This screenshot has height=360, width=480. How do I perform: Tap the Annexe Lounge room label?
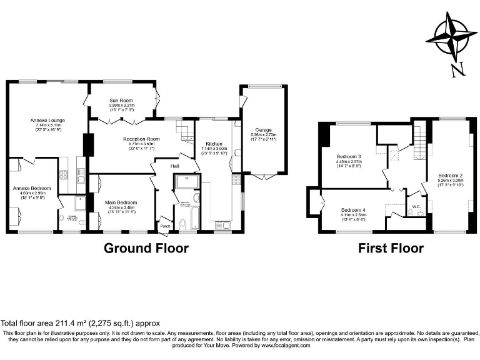(47, 120)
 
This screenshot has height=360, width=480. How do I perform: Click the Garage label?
(262, 129)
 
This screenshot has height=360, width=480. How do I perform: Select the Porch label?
(165, 226)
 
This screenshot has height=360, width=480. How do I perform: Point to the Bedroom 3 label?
(349, 156)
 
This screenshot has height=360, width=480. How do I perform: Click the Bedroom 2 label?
(450, 176)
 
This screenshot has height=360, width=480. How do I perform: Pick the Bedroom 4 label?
(354, 210)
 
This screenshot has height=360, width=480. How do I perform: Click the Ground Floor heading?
(146, 248)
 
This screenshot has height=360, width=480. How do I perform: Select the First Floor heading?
(391, 248)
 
